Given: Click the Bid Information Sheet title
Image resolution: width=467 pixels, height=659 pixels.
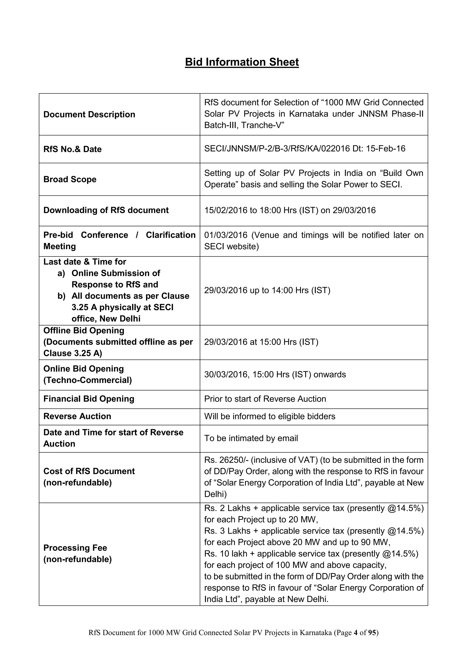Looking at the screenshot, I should pyautogui.click(x=242, y=62).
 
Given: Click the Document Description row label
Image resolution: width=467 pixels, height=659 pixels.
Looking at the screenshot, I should pyautogui.click(x=89, y=114).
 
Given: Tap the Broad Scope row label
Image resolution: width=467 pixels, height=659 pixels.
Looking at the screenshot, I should pyautogui.click(x=70, y=179).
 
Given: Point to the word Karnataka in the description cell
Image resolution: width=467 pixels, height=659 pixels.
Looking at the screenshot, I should pyautogui.click(x=308, y=114).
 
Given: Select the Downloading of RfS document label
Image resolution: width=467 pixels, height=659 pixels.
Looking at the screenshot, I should pyautogui.click(x=106, y=210).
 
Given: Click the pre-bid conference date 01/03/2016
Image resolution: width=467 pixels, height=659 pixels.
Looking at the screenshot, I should pyautogui.click(x=226, y=235).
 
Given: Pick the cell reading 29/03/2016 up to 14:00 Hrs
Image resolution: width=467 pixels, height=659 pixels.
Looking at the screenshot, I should pyautogui.click(x=267, y=290).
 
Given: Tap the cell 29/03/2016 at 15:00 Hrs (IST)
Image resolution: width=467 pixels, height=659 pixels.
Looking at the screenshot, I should pyautogui.click(x=261, y=342).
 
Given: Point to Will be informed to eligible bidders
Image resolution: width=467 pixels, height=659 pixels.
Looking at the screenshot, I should pyautogui.click(x=270, y=416).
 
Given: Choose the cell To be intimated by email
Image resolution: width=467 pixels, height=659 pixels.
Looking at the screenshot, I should pyautogui.click(x=251, y=438).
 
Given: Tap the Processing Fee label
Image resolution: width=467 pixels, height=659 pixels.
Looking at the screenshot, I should pyautogui.click(x=75, y=548).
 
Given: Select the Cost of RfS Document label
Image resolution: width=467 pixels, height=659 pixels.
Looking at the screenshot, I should pyautogui.click(x=89, y=471).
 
